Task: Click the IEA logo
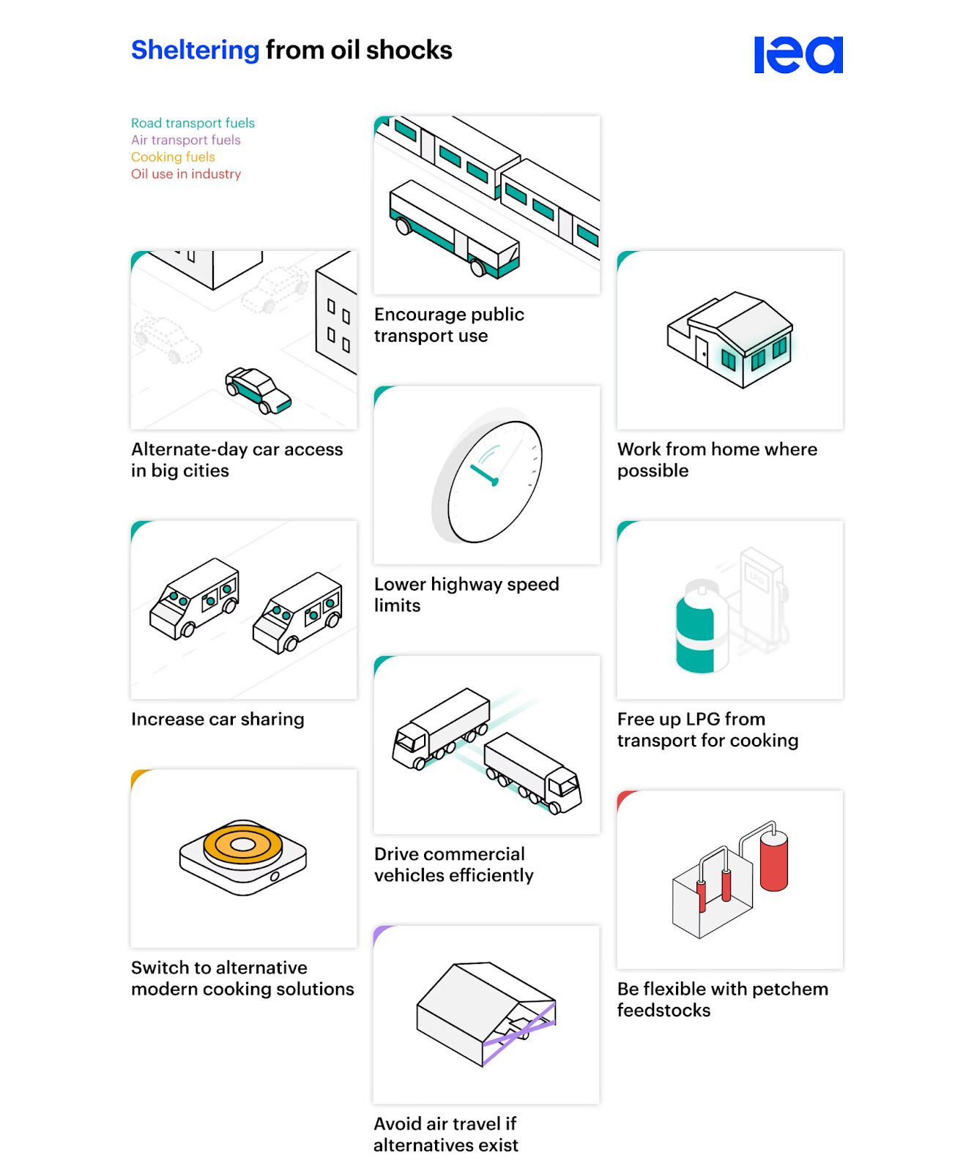click(x=798, y=55)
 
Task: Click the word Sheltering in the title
click(x=195, y=50)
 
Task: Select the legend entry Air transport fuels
click(x=185, y=140)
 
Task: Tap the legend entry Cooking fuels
click(x=173, y=157)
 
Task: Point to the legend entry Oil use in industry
click(x=185, y=174)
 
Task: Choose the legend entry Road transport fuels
click(x=193, y=123)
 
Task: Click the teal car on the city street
click(x=257, y=390)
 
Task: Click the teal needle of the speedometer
click(x=483, y=474)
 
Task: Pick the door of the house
click(x=702, y=351)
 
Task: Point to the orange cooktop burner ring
click(x=242, y=845)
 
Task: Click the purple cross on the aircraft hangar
click(x=518, y=1033)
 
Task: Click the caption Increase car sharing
click(x=218, y=719)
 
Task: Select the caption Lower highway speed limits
click(x=466, y=594)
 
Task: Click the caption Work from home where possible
click(x=716, y=460)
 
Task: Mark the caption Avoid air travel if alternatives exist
click(x=445, y=1134)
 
